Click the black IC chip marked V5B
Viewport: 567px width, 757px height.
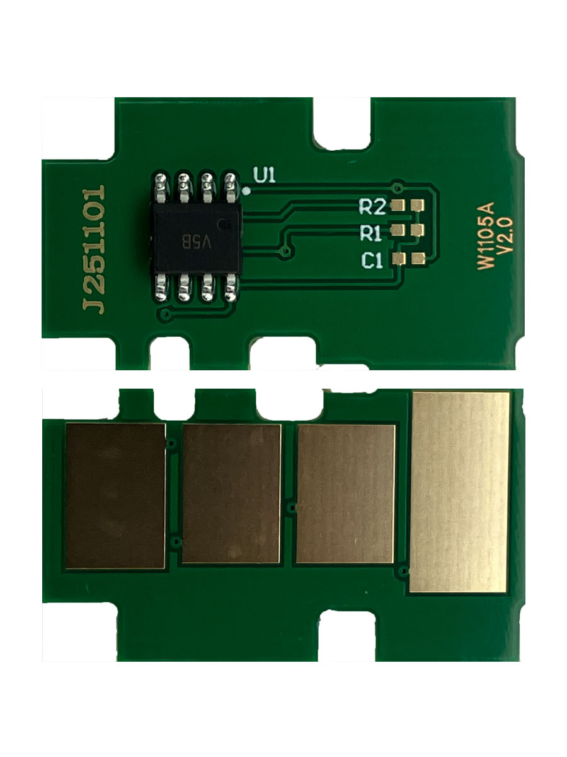pos(197,238)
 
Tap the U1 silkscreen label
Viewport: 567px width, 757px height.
pos(265,175)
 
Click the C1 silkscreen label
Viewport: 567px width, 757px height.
pos(372,261)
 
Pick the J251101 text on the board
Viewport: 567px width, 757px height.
pos(94,249)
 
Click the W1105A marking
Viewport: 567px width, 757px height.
pos(486,235)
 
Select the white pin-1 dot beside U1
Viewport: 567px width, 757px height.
pos(247,191)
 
